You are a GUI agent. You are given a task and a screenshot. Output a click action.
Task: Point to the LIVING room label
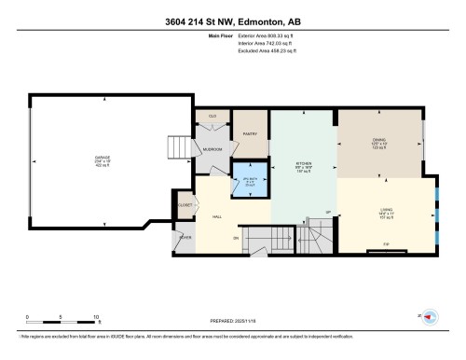[385, 210]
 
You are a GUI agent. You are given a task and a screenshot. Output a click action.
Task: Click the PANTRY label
[250, 133]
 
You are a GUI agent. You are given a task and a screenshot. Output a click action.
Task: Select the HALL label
[216, 216]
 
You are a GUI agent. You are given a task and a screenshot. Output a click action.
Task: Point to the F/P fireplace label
[386, 245]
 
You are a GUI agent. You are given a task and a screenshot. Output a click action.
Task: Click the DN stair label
[236, 239]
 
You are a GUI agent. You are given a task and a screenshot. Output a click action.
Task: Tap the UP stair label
[327, 212]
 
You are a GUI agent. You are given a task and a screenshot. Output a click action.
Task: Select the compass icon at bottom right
[430, 317]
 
